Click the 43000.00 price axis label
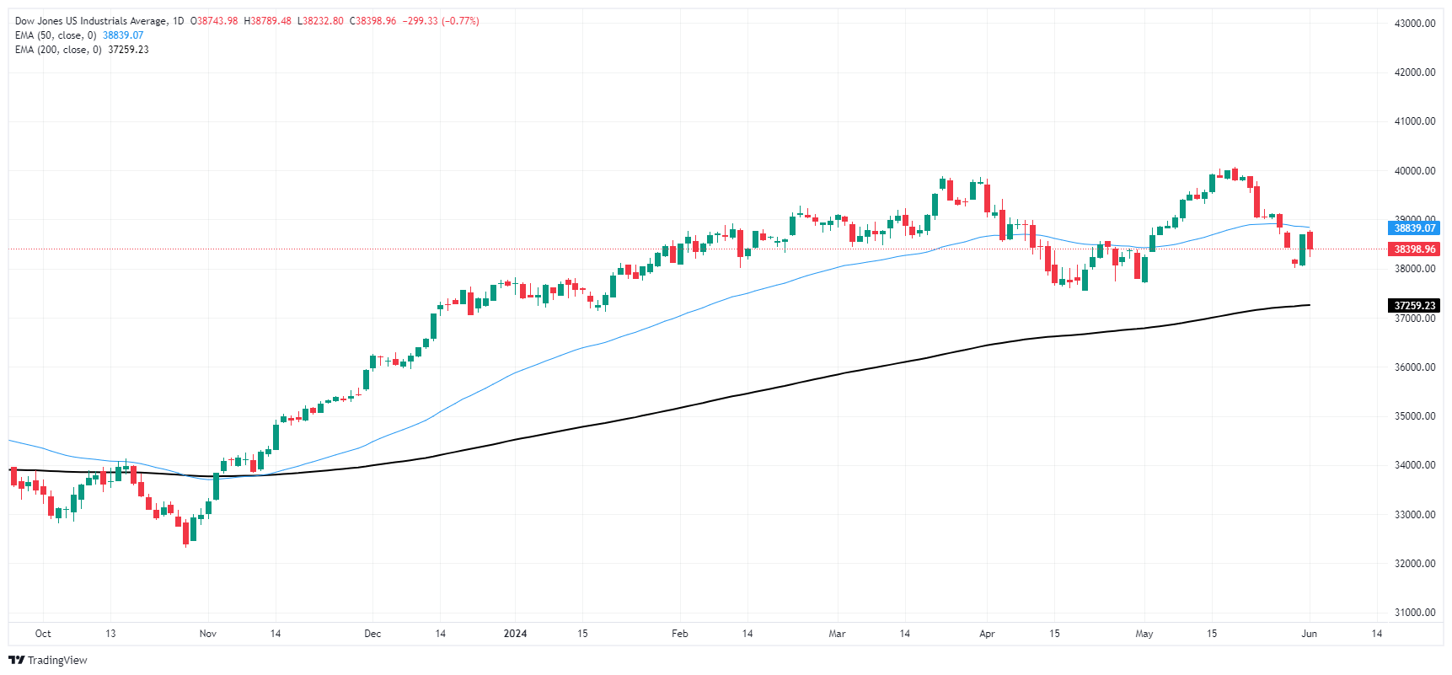click(x=1414, y=24)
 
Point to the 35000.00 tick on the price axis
click(x=1414, y=416)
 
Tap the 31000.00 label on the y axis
click(x=1414, y=613)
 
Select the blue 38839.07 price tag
click(x=1414, y=228)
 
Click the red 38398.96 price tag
click(x=1414, y=249)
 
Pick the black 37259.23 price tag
click(x=1414, y=306)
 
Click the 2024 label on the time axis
click(x=515, y=634)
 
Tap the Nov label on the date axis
click(x=207, y=634)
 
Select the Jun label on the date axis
click(x=1309, y=634)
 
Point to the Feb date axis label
click(x=679, y=634)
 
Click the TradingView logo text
click(x=56, y=661)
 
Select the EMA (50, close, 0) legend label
click(x=56, y=35)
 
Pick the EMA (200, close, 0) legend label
click(x=58, y=50)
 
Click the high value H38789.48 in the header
click(x=267, y=21)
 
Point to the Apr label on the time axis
click(x=987, y=634)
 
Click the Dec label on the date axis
click(x=372, y=634)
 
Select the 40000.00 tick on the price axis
click(x=1414, y=171)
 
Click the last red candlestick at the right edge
click(x=1310, y=241)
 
